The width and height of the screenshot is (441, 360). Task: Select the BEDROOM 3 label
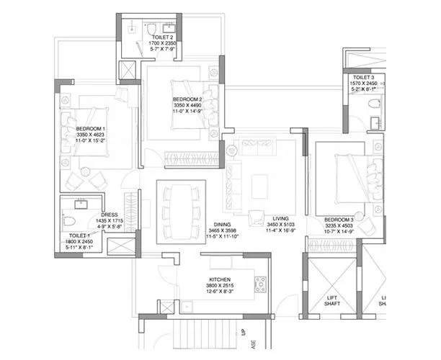[338, 219]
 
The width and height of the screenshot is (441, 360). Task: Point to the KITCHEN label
[219, 279]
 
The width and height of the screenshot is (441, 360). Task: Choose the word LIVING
[282, 217]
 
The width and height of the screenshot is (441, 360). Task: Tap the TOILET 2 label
[162, 36]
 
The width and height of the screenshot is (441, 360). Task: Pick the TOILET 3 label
[362, 77]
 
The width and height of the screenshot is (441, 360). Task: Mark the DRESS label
[110, 214]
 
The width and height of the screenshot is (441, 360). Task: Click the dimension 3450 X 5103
[282, 224]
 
